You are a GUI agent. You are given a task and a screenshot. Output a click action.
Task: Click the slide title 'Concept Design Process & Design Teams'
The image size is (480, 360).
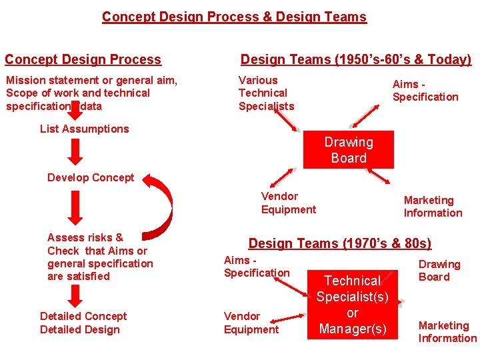pyautogui.click(x=234, y=17)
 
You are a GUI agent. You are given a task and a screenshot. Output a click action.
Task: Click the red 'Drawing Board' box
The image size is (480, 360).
pyautogui.click(x=349, y=150)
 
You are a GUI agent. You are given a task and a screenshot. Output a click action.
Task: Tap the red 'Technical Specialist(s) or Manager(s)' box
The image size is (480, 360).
pyautogui.click(x=352, y=305)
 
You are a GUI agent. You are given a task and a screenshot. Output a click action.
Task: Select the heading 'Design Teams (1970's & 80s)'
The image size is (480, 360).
pyautogui.click(x=339, y=244)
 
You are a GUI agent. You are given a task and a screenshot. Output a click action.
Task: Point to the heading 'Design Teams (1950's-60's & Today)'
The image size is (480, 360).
pyautogui.click(x=355, y=59)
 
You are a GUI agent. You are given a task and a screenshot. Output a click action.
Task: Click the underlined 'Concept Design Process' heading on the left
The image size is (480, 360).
pyautogui.click(x=83, y=59)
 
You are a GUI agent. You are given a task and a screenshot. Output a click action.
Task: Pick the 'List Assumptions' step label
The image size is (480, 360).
pyautogui.click(x=84, y=129)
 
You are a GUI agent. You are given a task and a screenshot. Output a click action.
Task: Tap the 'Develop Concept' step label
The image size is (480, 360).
pyautogui.click(x=91, y=177)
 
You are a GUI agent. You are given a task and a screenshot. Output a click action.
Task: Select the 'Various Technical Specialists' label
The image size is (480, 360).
pyautogui.click(x=266, y=93)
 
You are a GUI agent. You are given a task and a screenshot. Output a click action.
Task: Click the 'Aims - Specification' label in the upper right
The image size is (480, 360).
pyautogui.click(x=425, y=90)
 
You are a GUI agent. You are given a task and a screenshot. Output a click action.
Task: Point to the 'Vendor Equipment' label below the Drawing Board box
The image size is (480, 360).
pyautogui.click(x=288, y=203)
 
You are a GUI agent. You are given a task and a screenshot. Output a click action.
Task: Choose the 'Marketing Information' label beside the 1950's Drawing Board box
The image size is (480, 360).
pyautogui.click(x=433, y=206)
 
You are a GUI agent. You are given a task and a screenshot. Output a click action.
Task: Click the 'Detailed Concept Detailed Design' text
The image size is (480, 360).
pyautogui.click(x=83, y=323)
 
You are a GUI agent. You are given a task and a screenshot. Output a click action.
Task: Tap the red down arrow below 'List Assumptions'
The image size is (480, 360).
pyautogui.click(x=77, y=152)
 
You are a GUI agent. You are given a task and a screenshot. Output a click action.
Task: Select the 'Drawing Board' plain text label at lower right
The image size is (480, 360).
pyautogui.click(x=439, y=271)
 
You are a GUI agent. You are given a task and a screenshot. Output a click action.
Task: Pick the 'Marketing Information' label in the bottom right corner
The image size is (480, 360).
pyautogui.click(x=447, y=331)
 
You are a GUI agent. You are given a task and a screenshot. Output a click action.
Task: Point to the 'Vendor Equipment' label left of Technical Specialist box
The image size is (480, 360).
pyautogui.click(x=251, y=323)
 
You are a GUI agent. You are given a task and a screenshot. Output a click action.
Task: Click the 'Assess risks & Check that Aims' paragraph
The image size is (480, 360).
pyautogui.click(x=99, y=257)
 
